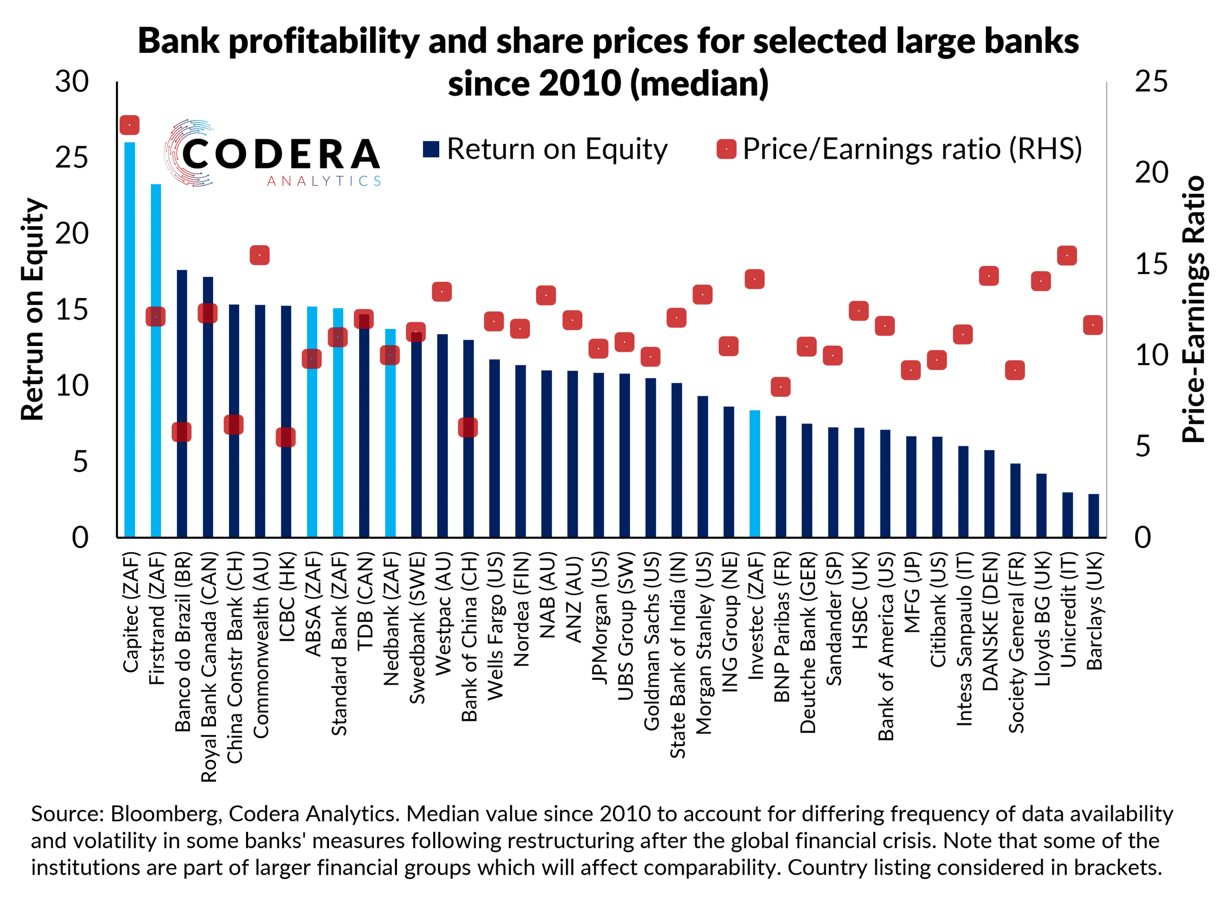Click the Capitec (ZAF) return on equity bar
tap(129, 338)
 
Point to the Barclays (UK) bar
tap(1093, 515)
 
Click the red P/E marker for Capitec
tap(129, 125)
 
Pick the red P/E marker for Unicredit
tap(1066, 255)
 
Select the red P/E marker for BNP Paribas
tap(781, 387)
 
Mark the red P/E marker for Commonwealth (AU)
tap(259, 255)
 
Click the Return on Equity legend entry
tap(546, 149)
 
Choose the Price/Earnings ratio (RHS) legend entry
tap(900, 149)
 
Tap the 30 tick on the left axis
tap(72, 82)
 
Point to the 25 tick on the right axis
tap(1151, 82)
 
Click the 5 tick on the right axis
tap(1142, 446)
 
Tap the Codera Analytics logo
tap(273, 154)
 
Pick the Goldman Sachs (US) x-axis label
tap(652, 642)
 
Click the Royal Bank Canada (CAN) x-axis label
tap(208, 667)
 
